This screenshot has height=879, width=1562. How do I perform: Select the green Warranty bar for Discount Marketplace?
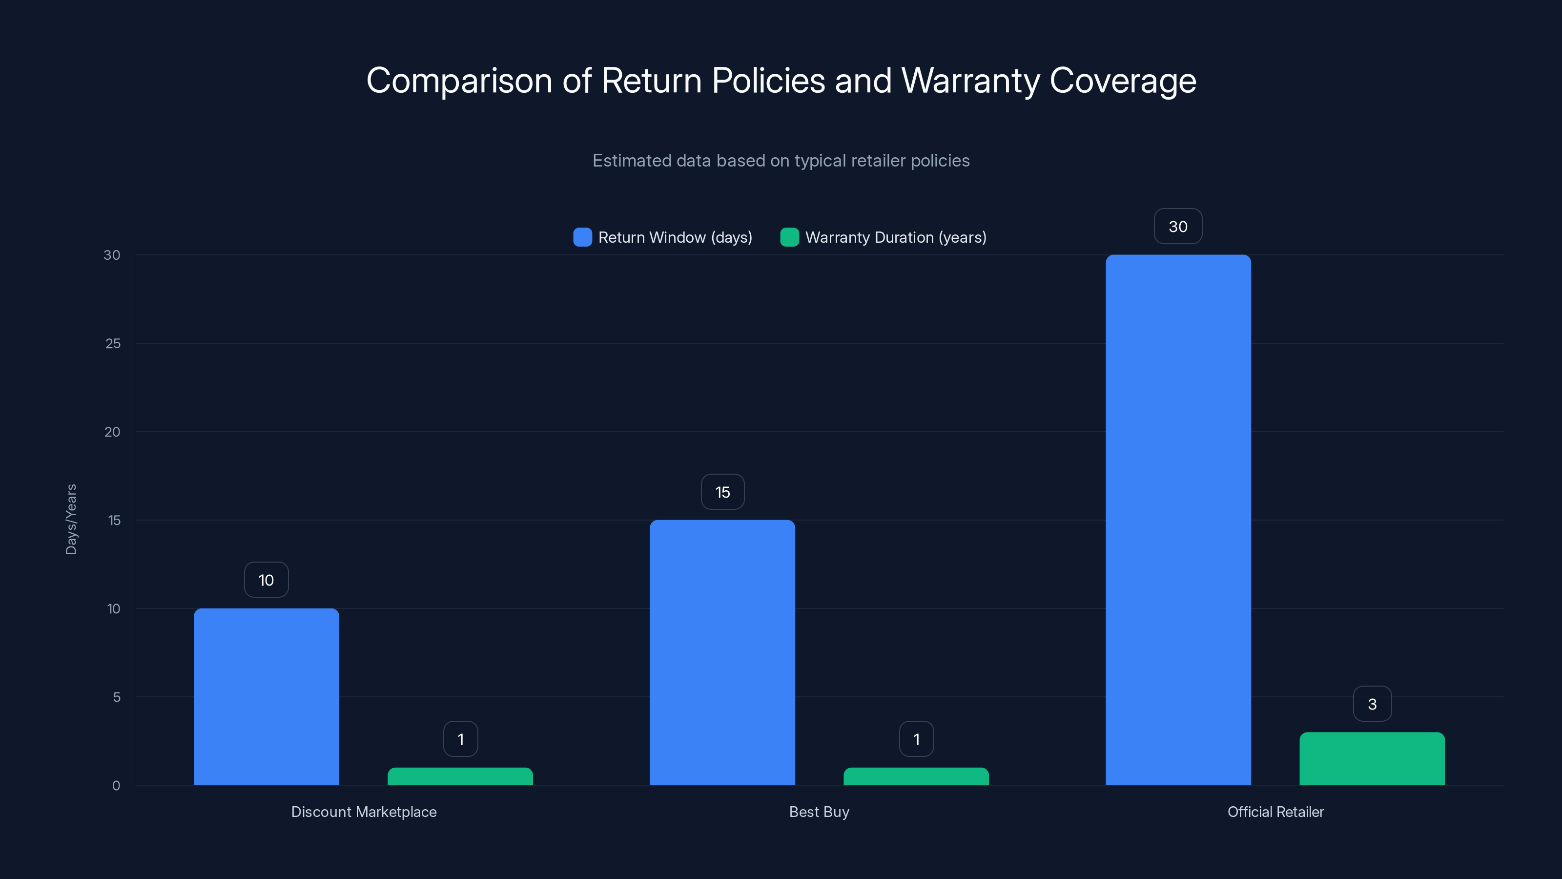coord(460,776)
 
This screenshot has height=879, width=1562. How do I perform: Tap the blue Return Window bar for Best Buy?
coord(722,652)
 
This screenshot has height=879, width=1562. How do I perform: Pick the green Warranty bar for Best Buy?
coord(916,776)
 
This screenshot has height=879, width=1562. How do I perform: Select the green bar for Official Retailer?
coord(1372,758)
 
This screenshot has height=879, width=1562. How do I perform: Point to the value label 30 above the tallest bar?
coord(1177,226)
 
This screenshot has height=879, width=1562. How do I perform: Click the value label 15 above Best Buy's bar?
coord(722,492)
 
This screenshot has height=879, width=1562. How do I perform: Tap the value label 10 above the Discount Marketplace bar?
coord(266,580)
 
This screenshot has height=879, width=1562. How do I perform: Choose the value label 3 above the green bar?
coord(1372,704)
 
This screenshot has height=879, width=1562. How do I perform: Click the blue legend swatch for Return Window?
coord(582,237)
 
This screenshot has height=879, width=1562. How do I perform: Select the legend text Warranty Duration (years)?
coord(896,237)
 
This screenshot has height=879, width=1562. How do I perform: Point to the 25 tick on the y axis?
coord(113,343)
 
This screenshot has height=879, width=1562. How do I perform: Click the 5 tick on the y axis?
coord(117,697)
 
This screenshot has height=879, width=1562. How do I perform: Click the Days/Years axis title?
coord(71,519)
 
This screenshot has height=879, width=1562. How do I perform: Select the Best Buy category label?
coord(819,812)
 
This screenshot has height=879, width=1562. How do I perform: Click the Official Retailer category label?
coord(1275,812)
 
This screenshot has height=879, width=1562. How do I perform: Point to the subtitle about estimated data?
coord(781,161)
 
